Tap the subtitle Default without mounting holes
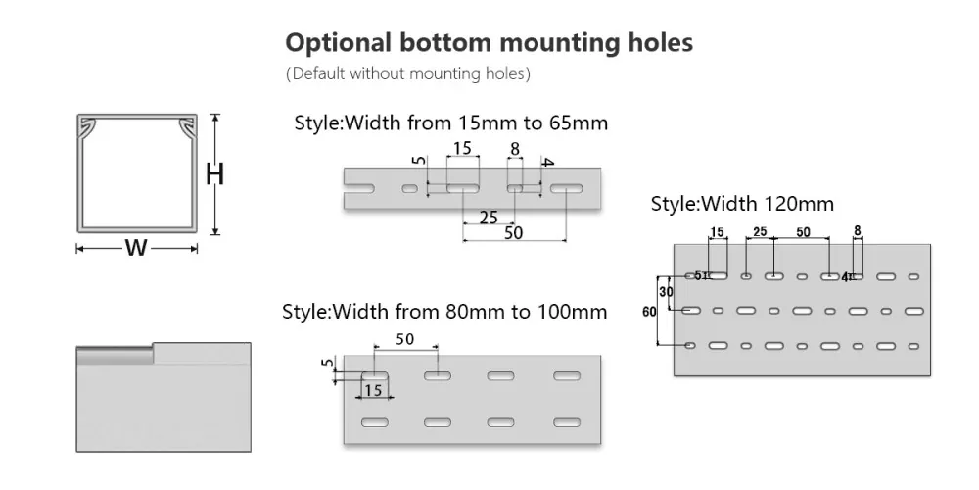pos(407,73)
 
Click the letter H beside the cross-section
pos(216,174)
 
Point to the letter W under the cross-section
pos(136,248)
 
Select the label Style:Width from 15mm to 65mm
pos(451,123)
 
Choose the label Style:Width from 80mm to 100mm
pos(444,312)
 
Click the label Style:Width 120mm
pos(742,204)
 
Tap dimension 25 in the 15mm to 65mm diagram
pos(489,216)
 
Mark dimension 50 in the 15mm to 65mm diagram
pos(513,233)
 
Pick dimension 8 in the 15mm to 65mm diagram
pos(514,149)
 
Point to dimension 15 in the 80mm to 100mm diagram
pos(373,390)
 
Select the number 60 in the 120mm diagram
pos(649,312)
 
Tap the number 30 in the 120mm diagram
pos(666,292)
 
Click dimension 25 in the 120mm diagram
pos(760,232)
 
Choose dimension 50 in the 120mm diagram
pos(802,232)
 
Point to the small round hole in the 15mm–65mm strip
pos(409,187)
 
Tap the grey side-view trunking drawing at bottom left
pos(163,397)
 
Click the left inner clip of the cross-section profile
pos(89,126)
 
